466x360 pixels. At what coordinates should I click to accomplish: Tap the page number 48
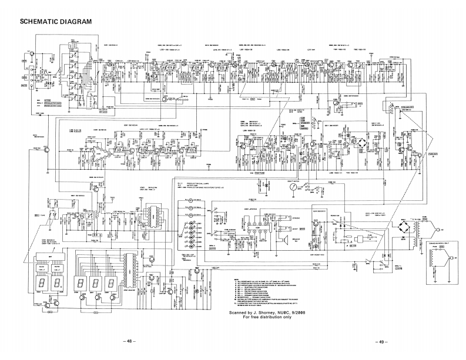click(130, 342)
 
